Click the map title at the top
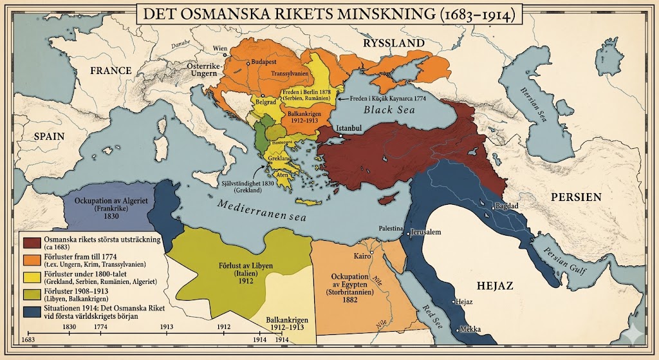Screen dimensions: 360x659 [328, 15]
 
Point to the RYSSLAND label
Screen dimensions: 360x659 [394, 43]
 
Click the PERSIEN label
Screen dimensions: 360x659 [574, 196]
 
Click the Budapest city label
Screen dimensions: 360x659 [263, 62]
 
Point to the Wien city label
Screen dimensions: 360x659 [221, 48]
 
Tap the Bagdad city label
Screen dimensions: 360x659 [506, 207]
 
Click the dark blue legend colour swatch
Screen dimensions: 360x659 [32, 312]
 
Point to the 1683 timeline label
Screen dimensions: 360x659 [28, 339]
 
